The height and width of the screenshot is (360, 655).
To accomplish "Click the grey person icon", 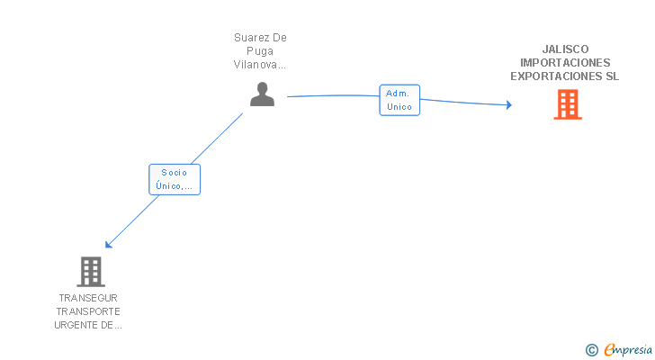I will click(262, 94).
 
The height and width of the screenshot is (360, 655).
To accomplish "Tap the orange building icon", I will click(567, 104).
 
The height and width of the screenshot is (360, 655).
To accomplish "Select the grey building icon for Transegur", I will click(90, 271).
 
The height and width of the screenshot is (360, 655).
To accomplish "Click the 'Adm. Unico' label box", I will click(399, 100).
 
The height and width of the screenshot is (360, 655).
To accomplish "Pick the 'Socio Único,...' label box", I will click(175, 179).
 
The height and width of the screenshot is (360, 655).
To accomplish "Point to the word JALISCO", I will click(565, 49).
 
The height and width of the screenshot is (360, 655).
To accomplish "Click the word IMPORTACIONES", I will click(565, 63).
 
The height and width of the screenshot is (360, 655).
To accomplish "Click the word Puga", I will click(261, 51).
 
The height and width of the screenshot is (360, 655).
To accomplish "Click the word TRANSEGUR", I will click(88, 298).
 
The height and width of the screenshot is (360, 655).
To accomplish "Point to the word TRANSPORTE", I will click(88, 311).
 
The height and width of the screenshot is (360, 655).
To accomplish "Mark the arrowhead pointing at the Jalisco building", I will click(508, 105).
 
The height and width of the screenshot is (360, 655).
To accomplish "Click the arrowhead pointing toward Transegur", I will click(108, 244).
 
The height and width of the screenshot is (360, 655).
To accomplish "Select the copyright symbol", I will click(591, 350).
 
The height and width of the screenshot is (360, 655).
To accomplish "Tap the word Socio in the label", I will click(175, 172).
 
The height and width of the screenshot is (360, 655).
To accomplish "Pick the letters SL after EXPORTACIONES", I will click(613, 76).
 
